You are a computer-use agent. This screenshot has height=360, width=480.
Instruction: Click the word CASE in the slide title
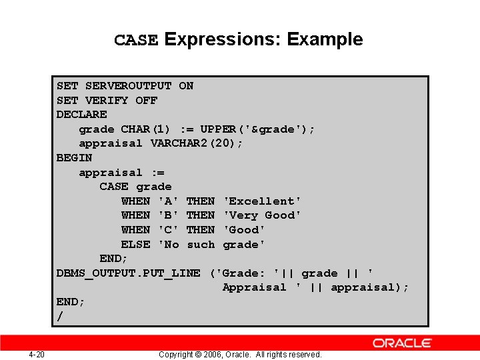click(136, 40)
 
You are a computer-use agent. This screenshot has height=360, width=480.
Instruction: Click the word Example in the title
click(325, 39)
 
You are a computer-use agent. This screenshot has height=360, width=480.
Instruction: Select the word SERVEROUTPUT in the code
click(128, 86)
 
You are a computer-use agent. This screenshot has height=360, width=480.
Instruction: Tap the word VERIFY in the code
click(107, 100)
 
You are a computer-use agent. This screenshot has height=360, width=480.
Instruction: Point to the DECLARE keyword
click(81, 115)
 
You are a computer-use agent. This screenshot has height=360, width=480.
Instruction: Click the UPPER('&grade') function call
click(258, 129)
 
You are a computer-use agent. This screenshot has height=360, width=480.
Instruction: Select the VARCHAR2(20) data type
click(197, 143)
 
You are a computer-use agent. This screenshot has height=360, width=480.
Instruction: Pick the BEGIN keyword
click(74, 158)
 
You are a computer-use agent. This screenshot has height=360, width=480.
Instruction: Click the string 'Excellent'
click(262, 201)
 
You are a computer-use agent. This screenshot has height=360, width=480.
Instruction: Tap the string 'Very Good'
click(262, 215)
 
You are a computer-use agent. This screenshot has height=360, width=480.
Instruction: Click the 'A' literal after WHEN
click(168, 201)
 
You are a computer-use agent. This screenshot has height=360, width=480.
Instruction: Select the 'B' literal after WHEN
click(168, 215)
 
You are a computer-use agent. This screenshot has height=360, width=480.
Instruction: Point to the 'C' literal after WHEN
click(168, 230)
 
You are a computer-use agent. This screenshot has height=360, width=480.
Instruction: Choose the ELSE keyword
click(135, 245)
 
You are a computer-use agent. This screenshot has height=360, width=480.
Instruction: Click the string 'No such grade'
click(211, 245)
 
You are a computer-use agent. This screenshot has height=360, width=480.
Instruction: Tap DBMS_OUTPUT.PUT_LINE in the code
click(128, 273)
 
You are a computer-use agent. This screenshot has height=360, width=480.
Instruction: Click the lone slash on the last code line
click(60, 317)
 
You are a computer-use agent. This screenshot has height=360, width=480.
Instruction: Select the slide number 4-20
click(37, 354)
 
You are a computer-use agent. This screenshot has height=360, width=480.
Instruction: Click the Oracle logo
click(402, 343)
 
